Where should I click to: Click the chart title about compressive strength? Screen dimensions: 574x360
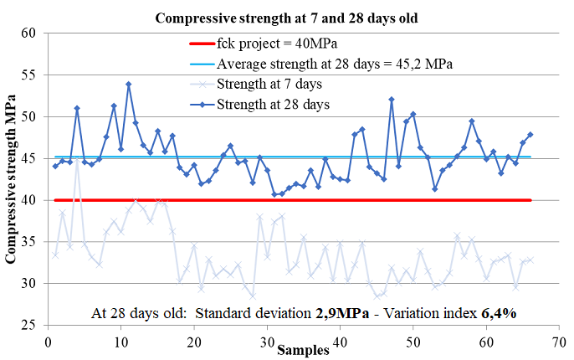click(286, 18)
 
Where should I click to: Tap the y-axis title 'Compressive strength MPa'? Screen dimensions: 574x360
click(11, 178)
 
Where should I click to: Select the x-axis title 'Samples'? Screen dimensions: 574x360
click(303, 350)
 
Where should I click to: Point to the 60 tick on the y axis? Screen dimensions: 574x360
click(28, 33)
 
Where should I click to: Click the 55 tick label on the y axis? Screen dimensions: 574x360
click(28, 75)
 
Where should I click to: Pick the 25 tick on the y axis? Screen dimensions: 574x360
click(28, 325)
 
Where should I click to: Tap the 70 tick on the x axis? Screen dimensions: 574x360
click(559, 342)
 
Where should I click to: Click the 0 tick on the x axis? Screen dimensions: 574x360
click(48, 342)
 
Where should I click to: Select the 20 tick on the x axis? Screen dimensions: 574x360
click(194, 342)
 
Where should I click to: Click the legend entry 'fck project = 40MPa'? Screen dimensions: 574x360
click(264, 44)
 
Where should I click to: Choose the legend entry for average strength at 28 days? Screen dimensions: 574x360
click(321, 64)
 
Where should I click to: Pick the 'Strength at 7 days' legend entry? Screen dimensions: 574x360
click(256, 85)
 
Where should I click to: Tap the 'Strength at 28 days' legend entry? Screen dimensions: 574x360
click(259, 105)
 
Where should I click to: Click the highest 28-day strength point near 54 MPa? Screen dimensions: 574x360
click(129, 85)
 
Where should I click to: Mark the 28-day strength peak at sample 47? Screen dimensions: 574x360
click(392, 100)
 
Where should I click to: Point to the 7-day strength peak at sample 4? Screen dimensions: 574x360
click(77, 158)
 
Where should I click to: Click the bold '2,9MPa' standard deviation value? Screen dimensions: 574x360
click(342, 313)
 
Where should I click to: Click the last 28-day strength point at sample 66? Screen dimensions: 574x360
click(530, 135)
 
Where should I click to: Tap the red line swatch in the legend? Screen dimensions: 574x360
click(202, 44)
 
